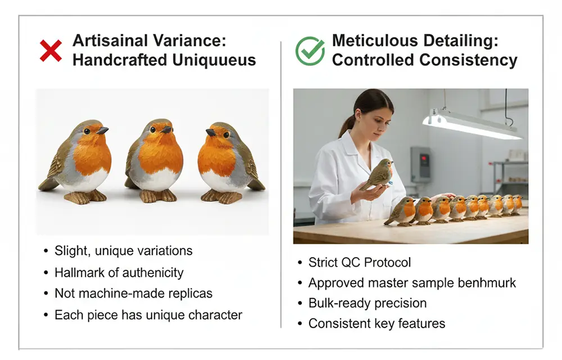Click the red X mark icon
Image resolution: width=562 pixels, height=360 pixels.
click(51, 51)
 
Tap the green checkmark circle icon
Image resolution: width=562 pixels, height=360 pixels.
click(310, 51)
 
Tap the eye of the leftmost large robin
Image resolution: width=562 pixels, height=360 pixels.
click(87, 131)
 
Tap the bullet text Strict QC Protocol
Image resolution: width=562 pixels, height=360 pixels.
click(360, 263)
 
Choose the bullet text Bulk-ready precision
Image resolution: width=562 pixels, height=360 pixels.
click(368, 303)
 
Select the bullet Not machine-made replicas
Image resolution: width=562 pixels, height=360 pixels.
click(133, 293)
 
